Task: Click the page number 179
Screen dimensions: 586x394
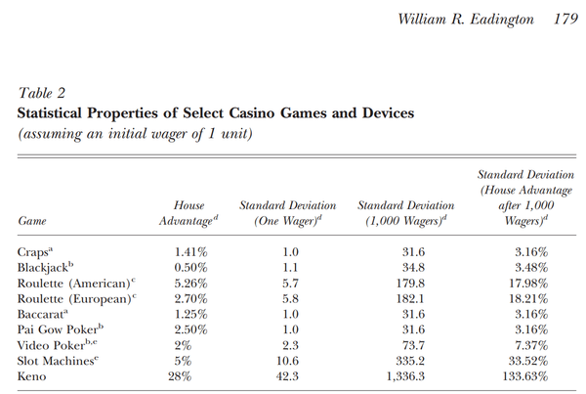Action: [565, 19]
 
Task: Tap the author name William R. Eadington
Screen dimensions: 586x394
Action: [466, 20]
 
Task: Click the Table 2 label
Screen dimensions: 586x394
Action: [41, 93]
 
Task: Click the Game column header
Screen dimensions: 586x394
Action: [32, 221]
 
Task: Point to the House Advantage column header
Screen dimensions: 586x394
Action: [188, 213]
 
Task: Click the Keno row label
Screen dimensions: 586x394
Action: [31, 376]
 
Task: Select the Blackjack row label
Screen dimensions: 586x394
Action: [45, 268]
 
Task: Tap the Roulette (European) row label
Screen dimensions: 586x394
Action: [77, 299]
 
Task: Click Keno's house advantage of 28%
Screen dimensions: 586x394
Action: [180, 376]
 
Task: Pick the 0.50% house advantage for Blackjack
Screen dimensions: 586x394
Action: [190, 268]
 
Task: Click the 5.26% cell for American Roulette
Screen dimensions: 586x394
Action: [190, 284]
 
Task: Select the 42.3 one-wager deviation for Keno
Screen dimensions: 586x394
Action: [287, 376]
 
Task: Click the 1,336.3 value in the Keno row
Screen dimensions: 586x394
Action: [405, 376]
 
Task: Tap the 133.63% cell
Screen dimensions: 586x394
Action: [525, 376]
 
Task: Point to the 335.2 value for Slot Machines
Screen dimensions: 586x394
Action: [410, 361]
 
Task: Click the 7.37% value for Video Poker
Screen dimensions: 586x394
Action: [531, 345]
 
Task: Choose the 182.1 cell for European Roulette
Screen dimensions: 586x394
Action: [410, 299]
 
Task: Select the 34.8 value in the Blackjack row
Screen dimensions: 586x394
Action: [413, 268]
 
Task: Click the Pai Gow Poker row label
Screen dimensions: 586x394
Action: [61, 329]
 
